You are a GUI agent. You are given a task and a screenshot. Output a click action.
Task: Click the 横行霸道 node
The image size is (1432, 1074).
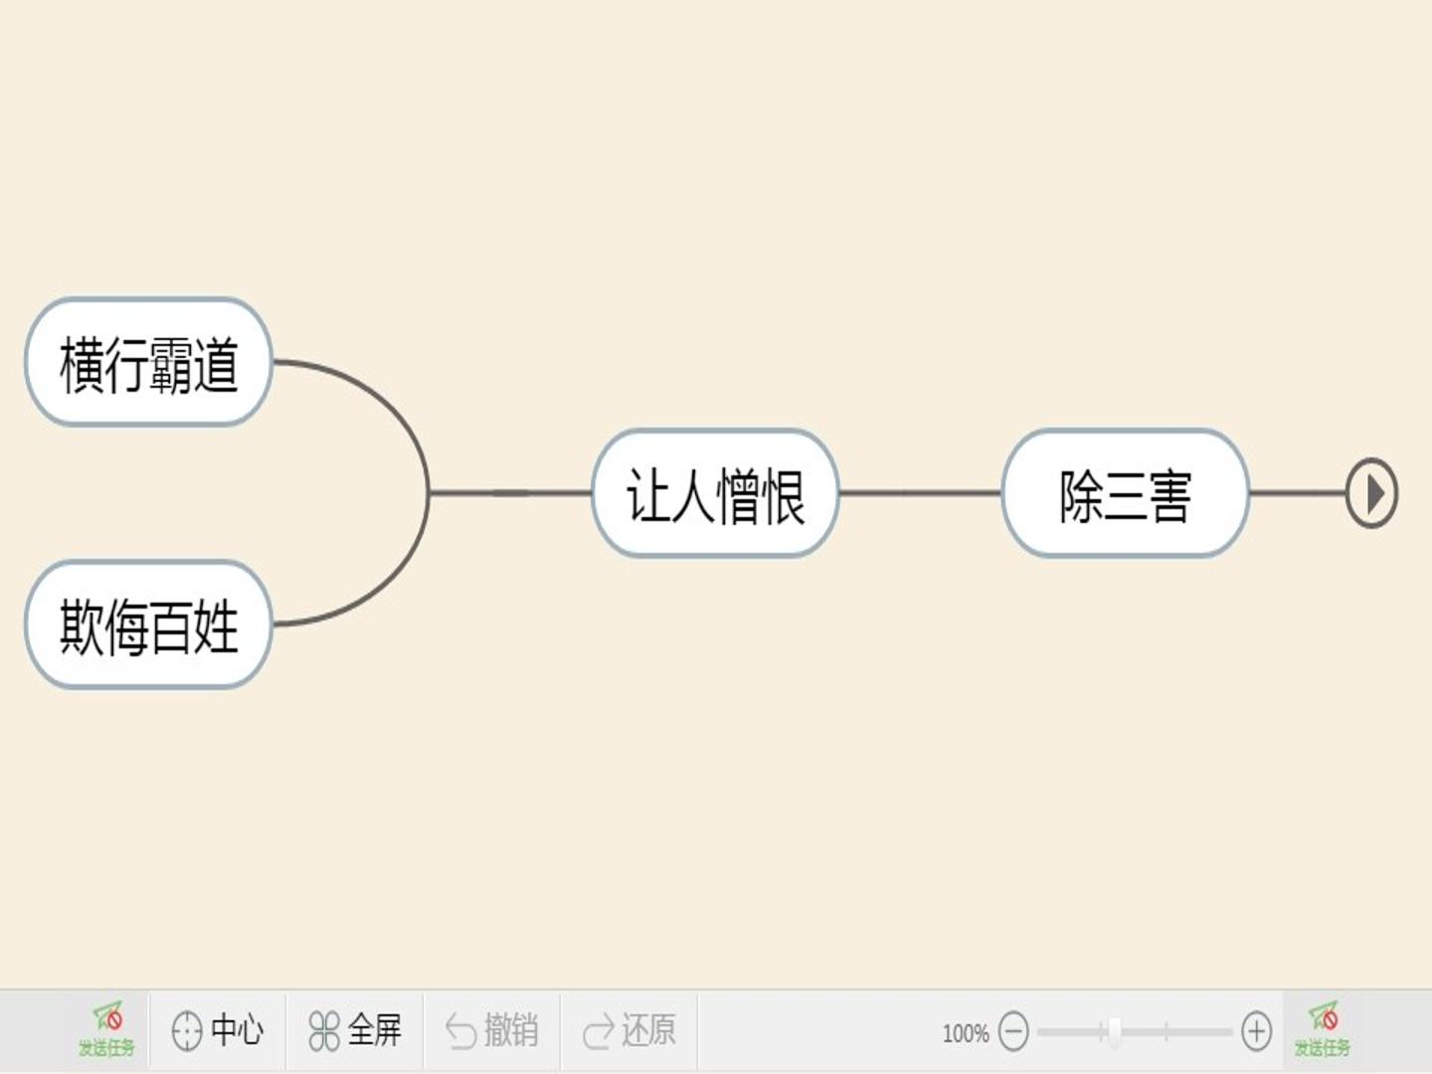click(149, 363)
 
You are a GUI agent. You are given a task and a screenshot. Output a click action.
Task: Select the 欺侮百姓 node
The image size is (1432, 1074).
click(149, 625)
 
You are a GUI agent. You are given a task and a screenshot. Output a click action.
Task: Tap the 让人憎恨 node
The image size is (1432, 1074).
click(716, 493)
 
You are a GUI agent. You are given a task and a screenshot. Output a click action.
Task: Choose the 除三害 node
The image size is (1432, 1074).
click(1126, 493)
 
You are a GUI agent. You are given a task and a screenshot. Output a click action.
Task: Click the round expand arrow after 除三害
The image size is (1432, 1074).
click(1372, 493)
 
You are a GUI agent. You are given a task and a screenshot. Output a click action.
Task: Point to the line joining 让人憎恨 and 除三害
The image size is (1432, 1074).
click(921, 493)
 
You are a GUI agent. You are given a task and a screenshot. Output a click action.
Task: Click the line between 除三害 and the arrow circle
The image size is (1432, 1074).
click(1298, 493)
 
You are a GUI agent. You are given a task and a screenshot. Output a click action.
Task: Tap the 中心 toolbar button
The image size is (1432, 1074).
click(217, 1031)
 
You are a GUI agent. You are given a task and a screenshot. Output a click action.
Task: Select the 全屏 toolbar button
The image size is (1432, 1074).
click(355, 1031)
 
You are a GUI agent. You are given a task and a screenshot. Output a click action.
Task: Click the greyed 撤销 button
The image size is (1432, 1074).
click(492, 1031)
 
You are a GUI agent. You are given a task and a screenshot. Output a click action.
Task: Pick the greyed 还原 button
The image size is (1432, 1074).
click(629, 1031)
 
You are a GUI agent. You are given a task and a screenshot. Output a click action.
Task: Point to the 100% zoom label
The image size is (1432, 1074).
click(966, 1033)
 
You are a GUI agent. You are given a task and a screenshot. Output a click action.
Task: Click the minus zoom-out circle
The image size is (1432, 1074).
click(1013, 1031)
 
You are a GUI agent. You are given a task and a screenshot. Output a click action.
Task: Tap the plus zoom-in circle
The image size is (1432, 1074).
click(1257, 1031)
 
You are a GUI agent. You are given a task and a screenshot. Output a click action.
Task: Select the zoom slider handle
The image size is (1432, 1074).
click(1115, 1031)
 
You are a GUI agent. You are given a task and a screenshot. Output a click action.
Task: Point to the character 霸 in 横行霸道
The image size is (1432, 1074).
click(171, 365)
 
